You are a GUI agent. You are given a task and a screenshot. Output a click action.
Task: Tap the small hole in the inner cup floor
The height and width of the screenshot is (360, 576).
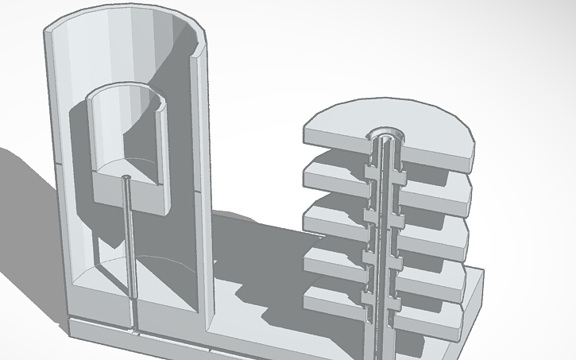pyautogui.click(x=127, y=176)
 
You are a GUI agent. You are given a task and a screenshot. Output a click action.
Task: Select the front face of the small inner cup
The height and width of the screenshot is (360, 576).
pyautogui.click(x=127, y=195)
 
